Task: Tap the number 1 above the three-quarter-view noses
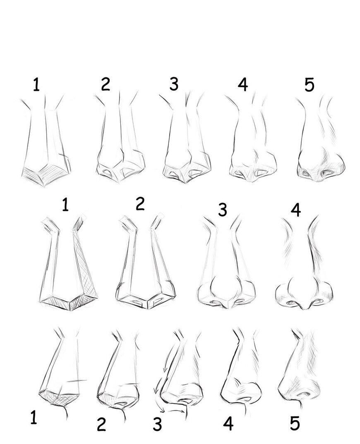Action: click(x=36, y=84)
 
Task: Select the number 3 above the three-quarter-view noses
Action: click(x=174, y=84)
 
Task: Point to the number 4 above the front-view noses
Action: click(x=295, y=210)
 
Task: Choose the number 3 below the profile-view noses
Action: click(x=157, y=424)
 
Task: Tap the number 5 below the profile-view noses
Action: click(x=295, y=423)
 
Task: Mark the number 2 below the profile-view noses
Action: click(x=101, y=425)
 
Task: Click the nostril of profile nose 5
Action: click(x=303, y=394)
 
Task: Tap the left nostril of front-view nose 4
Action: click(x=291, y=303)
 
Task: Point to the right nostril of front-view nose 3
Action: click(x=239, y=301)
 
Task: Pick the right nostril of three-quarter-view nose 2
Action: click(x=128, y=171)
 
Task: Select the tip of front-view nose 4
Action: click(x=305, y=307)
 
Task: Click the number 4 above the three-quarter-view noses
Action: click(x=242, y=84)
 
